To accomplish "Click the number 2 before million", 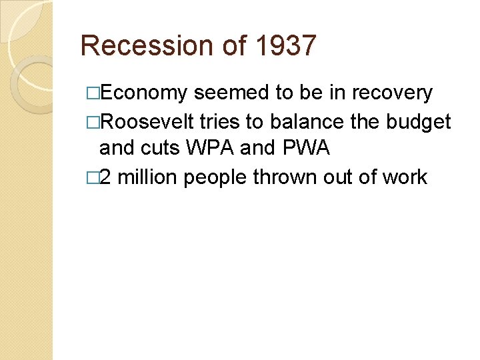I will point(106,177).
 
